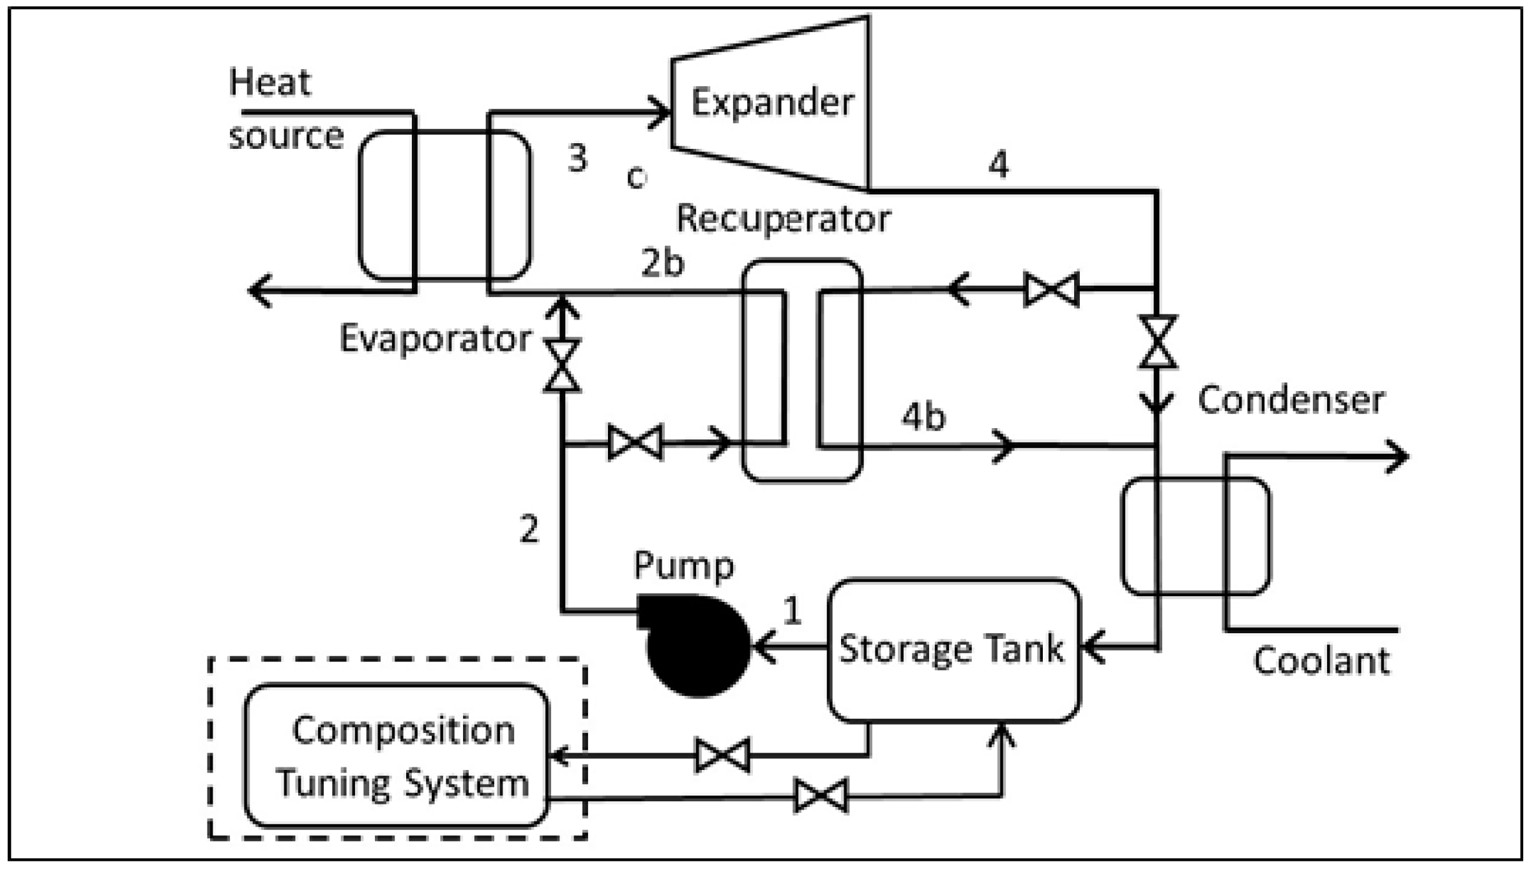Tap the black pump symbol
pyautogui.click(x=696, y=645)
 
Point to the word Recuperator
pyautogui.click(x=783, y=219)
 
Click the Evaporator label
pyautogui.click(x=435, y=338)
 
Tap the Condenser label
pyautogui.click(x=1291, y=401)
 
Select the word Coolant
pyautogui.click(x=1321, y=661)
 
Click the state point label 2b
pyautogui.click(x=662, y=263)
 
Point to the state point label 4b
pyautogui.click(x=923, y=417)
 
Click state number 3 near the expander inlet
pyautogui.click(x=577, y=158)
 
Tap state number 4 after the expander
pyautogui.click(x=999, y=164)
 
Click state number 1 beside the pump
pyautogui.click(x=792, y=610)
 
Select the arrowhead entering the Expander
pyautogui.click(x=661, y=114)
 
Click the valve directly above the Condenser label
pyautogui.click(x=1158, y=342)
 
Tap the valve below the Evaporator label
pyautogui.click(x=562, y=366)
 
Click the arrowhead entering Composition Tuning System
pyautogui.click(x=559, y=756)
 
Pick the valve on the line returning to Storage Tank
pyautogui.click(x=821, y=796)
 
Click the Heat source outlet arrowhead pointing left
pyautogui.click(x=259, y=291)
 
